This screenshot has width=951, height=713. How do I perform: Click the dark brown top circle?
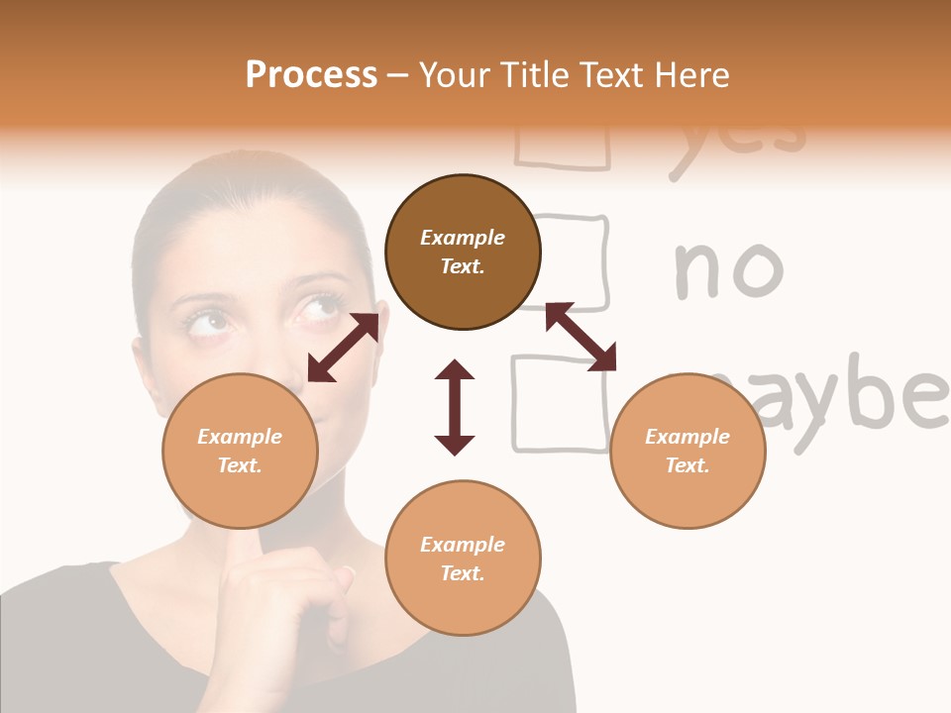pos(463,253)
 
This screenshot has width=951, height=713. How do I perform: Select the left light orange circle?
pos(240,451)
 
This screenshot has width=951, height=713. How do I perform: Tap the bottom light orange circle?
pos(463,559)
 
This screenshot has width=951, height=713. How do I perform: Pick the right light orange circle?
pos(687,451)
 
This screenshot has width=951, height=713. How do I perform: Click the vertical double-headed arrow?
pos(455,407)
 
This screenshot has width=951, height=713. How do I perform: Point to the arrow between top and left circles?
pos(343,348)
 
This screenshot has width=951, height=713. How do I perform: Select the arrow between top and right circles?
pos(581,337)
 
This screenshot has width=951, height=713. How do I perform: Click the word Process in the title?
pos(311,75)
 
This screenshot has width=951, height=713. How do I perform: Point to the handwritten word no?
pos(728,269)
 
